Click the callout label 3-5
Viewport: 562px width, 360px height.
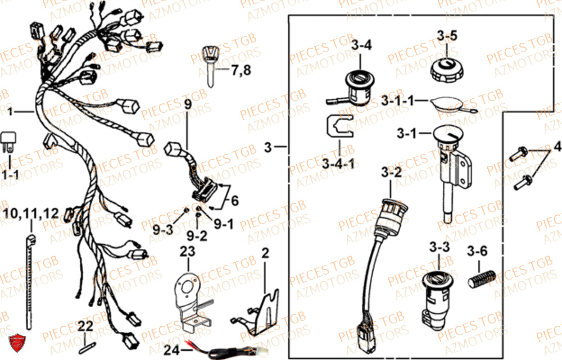coord(447,35)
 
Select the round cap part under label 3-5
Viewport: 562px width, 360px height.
coord(447,70)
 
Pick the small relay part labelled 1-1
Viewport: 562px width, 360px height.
coord(10,141)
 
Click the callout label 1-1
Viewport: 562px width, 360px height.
coord(10,175)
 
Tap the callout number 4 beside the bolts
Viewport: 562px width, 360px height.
coord(556,147)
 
